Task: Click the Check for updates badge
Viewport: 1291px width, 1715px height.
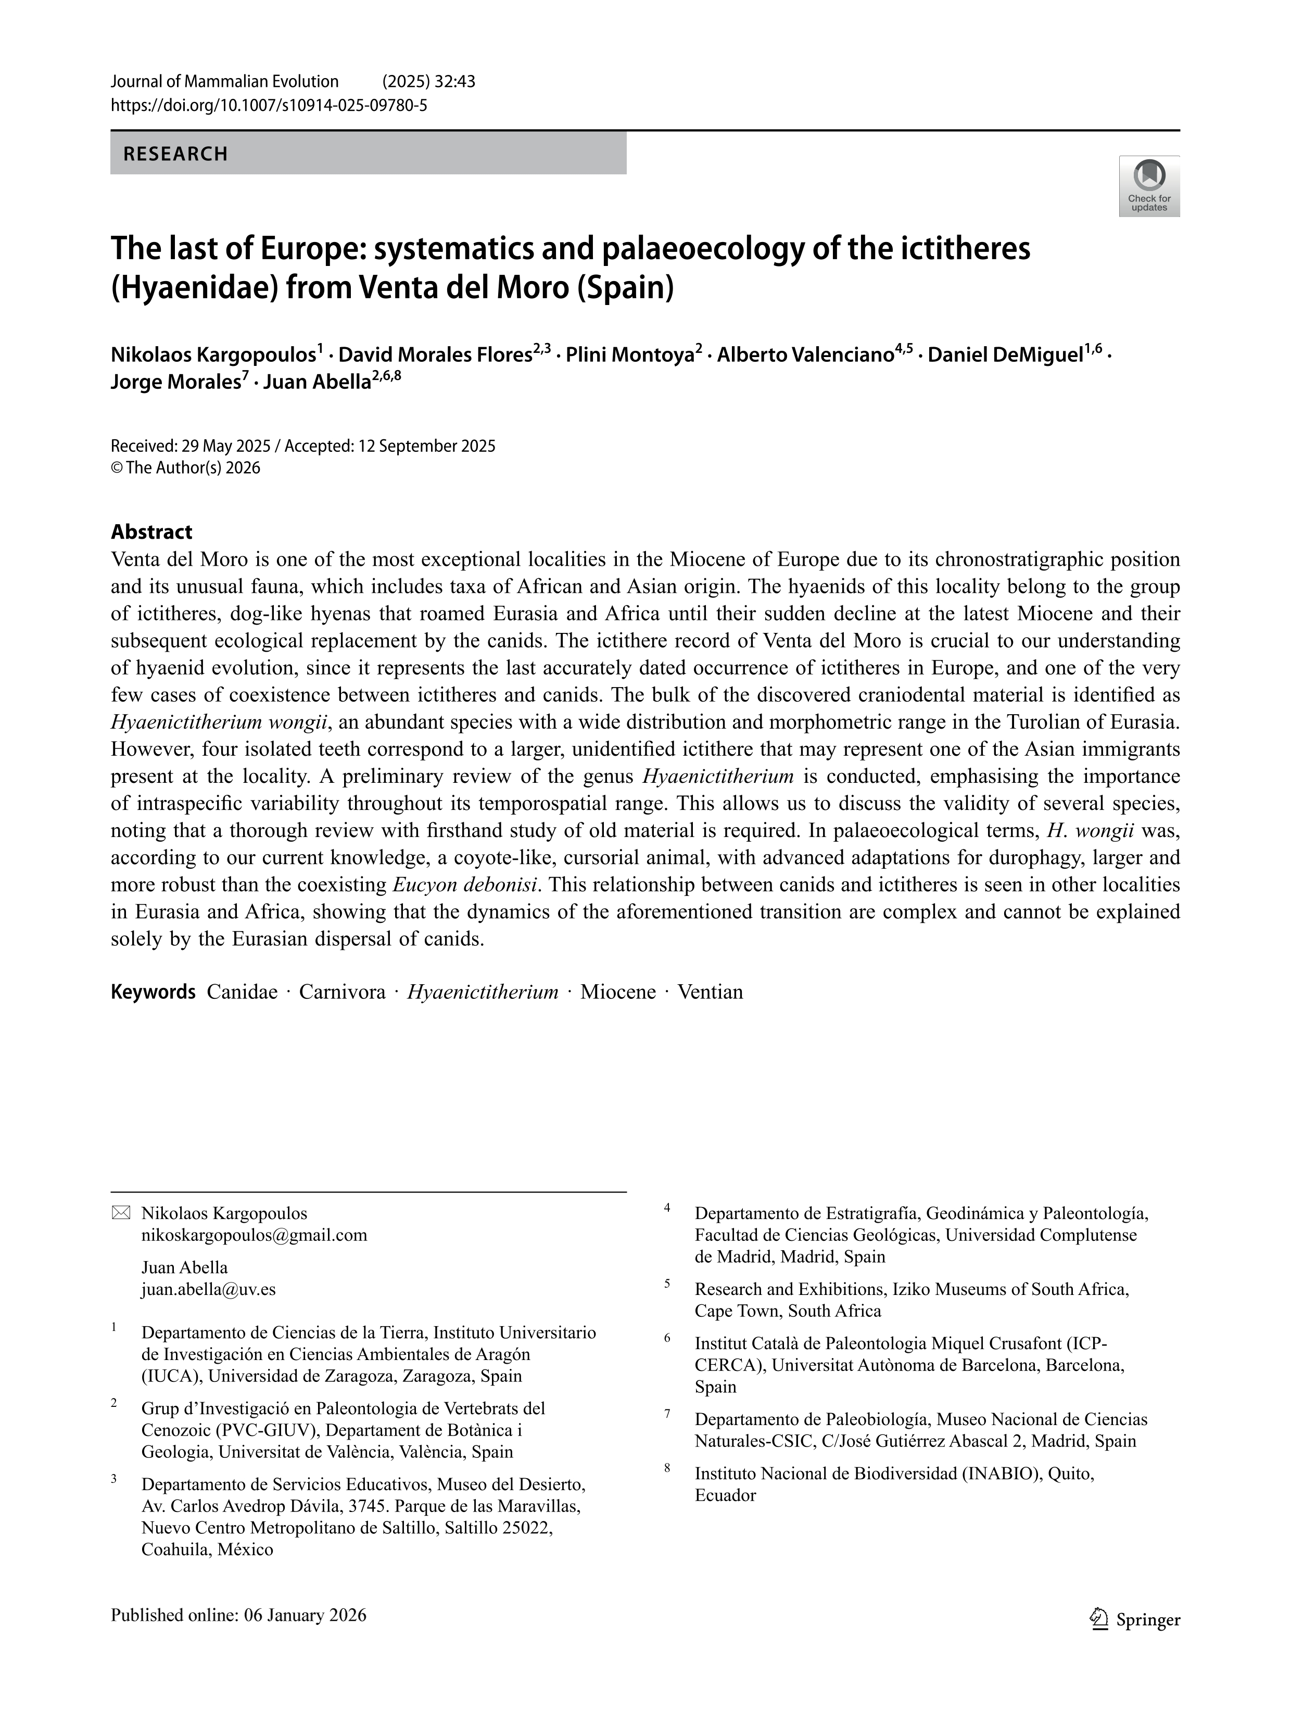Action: [1148, 186]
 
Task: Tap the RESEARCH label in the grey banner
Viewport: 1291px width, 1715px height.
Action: [176, 154]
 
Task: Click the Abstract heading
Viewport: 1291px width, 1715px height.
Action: [151, 532]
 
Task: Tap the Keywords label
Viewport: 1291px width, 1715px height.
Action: [153, 992]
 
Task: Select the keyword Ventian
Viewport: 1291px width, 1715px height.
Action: [710, 992]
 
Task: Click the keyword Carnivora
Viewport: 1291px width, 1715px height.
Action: [342, 992]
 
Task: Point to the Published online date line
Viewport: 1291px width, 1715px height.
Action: [238, 1615]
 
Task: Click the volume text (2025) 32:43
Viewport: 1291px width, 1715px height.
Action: [429, 81]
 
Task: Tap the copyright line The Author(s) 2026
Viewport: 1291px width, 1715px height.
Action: [185, 467]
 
